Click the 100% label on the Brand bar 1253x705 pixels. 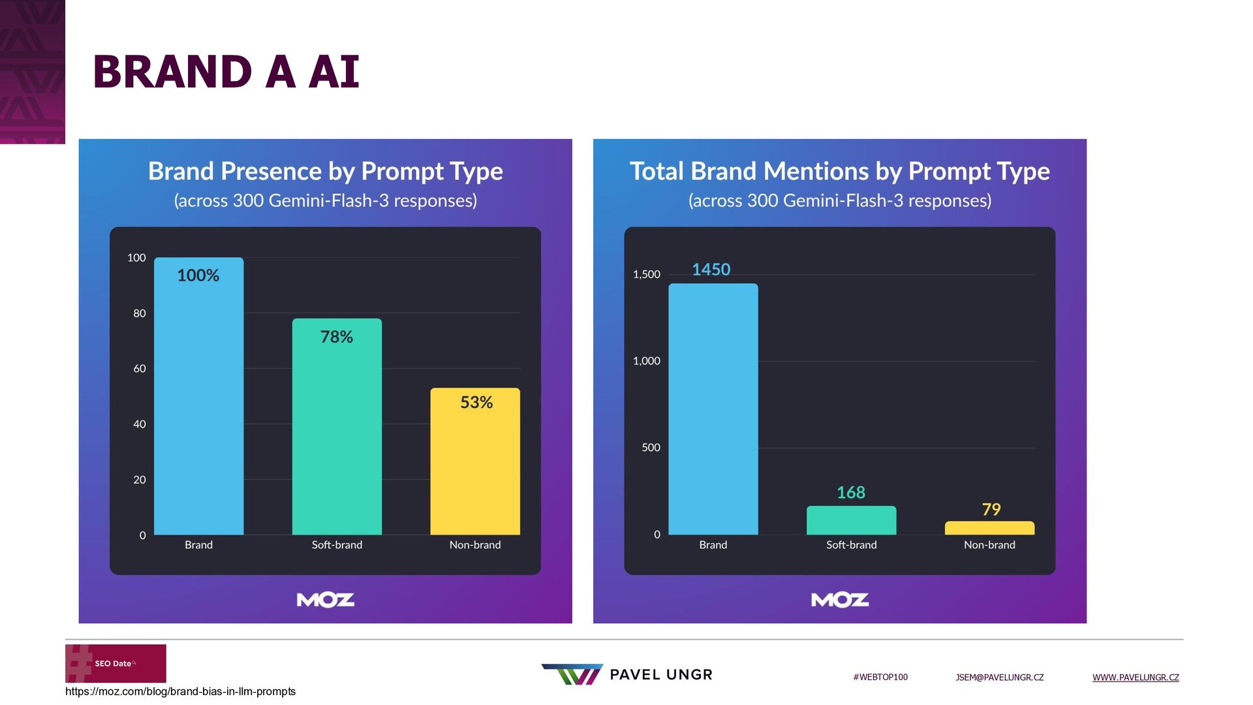(198, 275)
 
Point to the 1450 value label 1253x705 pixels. (711, 270)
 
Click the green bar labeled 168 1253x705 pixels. (851, 520)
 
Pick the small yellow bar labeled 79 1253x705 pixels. (989, 528)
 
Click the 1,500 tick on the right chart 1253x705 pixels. (646, 274)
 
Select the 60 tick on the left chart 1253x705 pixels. (140, 369)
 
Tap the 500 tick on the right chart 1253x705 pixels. (651, 448)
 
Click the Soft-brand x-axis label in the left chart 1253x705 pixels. (337, 545)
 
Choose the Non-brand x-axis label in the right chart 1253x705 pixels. (989, 545)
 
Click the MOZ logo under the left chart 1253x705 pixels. (326, 600)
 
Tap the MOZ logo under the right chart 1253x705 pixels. (840, 600)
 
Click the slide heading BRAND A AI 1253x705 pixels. (226, 71)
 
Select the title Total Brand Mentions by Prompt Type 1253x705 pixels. (839, 171)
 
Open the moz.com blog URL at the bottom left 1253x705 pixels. (180, 691)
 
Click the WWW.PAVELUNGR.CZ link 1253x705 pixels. (1136, 678)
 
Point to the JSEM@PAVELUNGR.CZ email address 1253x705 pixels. (999, 678)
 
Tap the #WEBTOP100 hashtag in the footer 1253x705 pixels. (880, 678)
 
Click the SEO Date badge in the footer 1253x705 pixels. (116, 663)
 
